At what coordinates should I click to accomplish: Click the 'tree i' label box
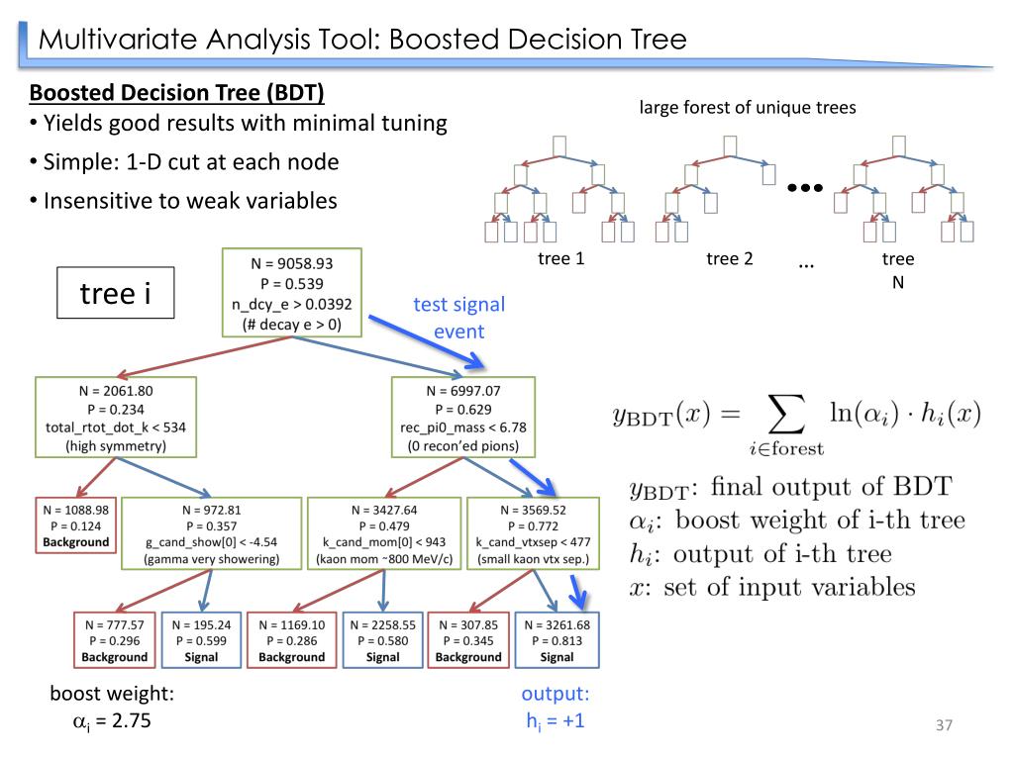pyautogui.click(x=115, y=293)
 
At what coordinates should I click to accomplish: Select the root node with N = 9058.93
pyautogui.click(x=290, y=293)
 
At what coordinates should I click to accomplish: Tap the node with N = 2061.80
pyautogui.click(x=115, y=418)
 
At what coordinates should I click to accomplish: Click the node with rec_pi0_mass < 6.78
pyautogui.click(x=462, y=418)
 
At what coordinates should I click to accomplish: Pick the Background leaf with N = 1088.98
pyautogui.click(x=75, y=525)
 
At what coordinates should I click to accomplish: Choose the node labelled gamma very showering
pyautogui.click(x=210, y=533)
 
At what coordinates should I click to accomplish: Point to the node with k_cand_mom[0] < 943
pyautogui.click(x=383, y=533)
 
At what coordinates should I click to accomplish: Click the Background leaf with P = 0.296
pyautogui.click(x=114, y=640)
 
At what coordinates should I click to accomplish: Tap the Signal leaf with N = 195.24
pyautogui.click(x=201, y=640)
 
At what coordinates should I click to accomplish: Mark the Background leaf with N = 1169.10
pyautogui.click(x=291, y=640)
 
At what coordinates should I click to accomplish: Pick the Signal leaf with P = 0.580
pyautogui.click(x=382, y=640)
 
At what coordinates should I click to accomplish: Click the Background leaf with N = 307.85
pyautogui.click(x=468, y=640)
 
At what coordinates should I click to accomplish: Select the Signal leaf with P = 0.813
pyautogui.click(x=557, y=640)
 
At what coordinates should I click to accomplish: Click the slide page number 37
pyautogui.click(x=943, y=726)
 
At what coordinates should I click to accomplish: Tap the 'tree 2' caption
pyautogui.click(x=730, y=259)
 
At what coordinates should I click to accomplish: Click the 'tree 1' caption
pyautogui.click(x=561, y=259)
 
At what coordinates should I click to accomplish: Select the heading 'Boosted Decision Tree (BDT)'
pyautogui.click(x=177, y=94)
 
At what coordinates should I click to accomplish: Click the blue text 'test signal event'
pyautogui.click(x=458, y=317)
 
